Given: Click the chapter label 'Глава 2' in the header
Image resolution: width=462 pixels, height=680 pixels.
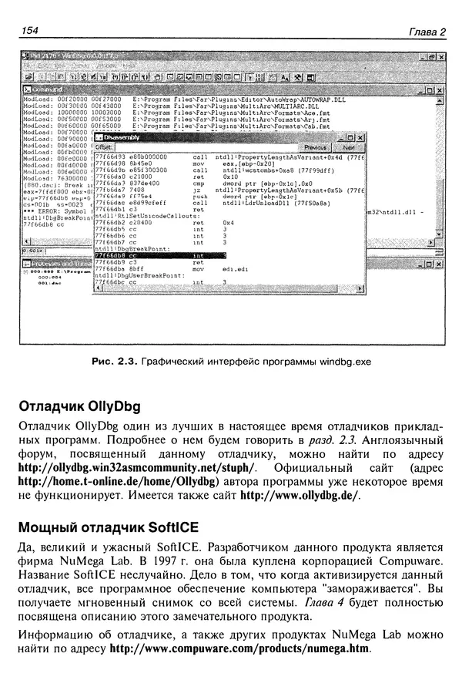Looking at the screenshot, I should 427,32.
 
